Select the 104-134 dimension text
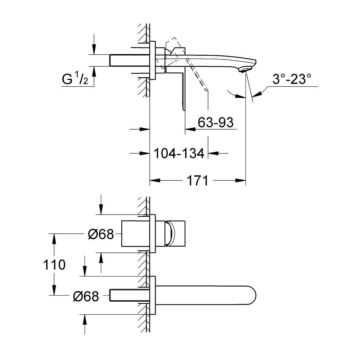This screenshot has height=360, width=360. pyautogui.click(x=179, y=153)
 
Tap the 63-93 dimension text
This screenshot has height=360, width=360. pyautogui.click(x=216, y=123)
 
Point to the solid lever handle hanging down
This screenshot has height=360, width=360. pyautogui.click(x=184, y=90)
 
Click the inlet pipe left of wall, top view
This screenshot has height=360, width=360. pyautogui.click(x=129, y=60)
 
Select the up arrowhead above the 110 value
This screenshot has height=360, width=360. pyautogui.click(x=54, y=238)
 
